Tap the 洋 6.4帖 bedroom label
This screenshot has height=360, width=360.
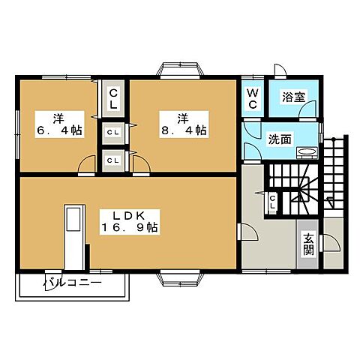(x=57, y=124)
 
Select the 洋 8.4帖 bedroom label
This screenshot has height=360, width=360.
(x=181, y=124)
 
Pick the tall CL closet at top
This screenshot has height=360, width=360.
(x=113, y=97)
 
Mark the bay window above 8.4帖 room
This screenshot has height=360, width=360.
(x=180, y=71)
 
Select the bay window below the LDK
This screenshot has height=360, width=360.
(x=180, y=279)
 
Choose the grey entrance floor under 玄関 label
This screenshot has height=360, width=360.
(x=308, y=262)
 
